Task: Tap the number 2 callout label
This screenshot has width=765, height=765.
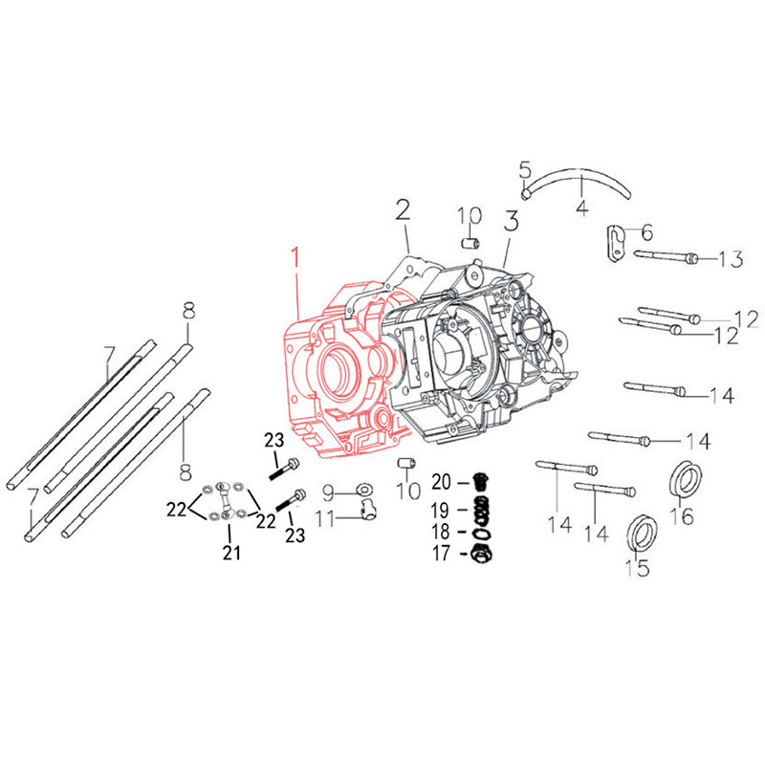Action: pyautogui.click(x=403, y=210)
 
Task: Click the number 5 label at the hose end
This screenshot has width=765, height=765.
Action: pyautogui.click(x=525, y=170)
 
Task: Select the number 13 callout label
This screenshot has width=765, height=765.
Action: pyautogui.click(x=730, y=259)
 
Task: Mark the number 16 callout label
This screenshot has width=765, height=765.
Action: pyautogui.click(x=681, y=517)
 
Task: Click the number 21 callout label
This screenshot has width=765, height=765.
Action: pyautogui.click(x=232, y=552)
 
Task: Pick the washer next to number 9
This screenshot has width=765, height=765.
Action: pyautogui.click(x=362, y=492)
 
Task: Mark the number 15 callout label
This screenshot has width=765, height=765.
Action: pyautogui.click(x=636, y=568)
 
